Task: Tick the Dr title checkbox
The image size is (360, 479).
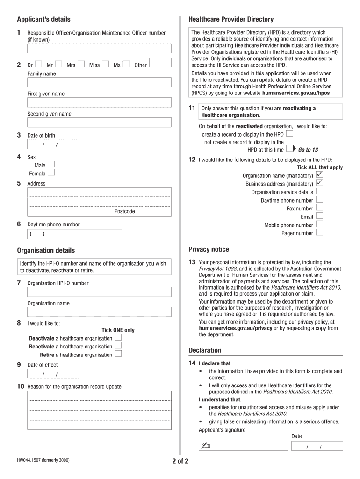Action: click(38, 65)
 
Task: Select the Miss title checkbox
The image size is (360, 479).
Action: click(105, 65)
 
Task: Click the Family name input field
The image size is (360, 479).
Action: click(99, 83)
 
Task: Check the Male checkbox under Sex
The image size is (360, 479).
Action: click(51, 164)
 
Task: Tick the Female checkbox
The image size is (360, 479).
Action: click(51, 173)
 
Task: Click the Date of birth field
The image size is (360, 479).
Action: click(53, 144)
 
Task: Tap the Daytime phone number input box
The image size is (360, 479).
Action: click(75, 234)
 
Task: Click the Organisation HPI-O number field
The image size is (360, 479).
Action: click(99, 292)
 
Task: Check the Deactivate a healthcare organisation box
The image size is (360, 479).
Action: click(118, 337)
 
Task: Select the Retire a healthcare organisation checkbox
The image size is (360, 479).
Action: click(118, 354)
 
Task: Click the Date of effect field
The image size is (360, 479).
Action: click(53, 374)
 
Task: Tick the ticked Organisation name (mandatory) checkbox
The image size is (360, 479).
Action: click(319, 175)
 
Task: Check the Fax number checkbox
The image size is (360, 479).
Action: click(319, 208)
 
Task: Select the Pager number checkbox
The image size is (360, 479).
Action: click(319, 232)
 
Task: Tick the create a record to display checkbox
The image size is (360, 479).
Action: click(289, 134)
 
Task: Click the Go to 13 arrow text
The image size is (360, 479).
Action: click(308, 150)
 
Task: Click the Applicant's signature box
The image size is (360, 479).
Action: click(242, 443)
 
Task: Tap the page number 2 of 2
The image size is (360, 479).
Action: click(180, 461)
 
